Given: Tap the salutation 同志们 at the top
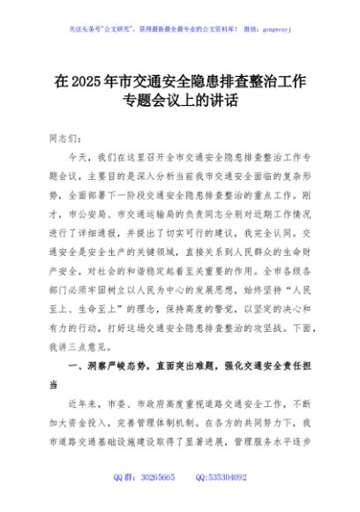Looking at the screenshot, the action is click(64, 139).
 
